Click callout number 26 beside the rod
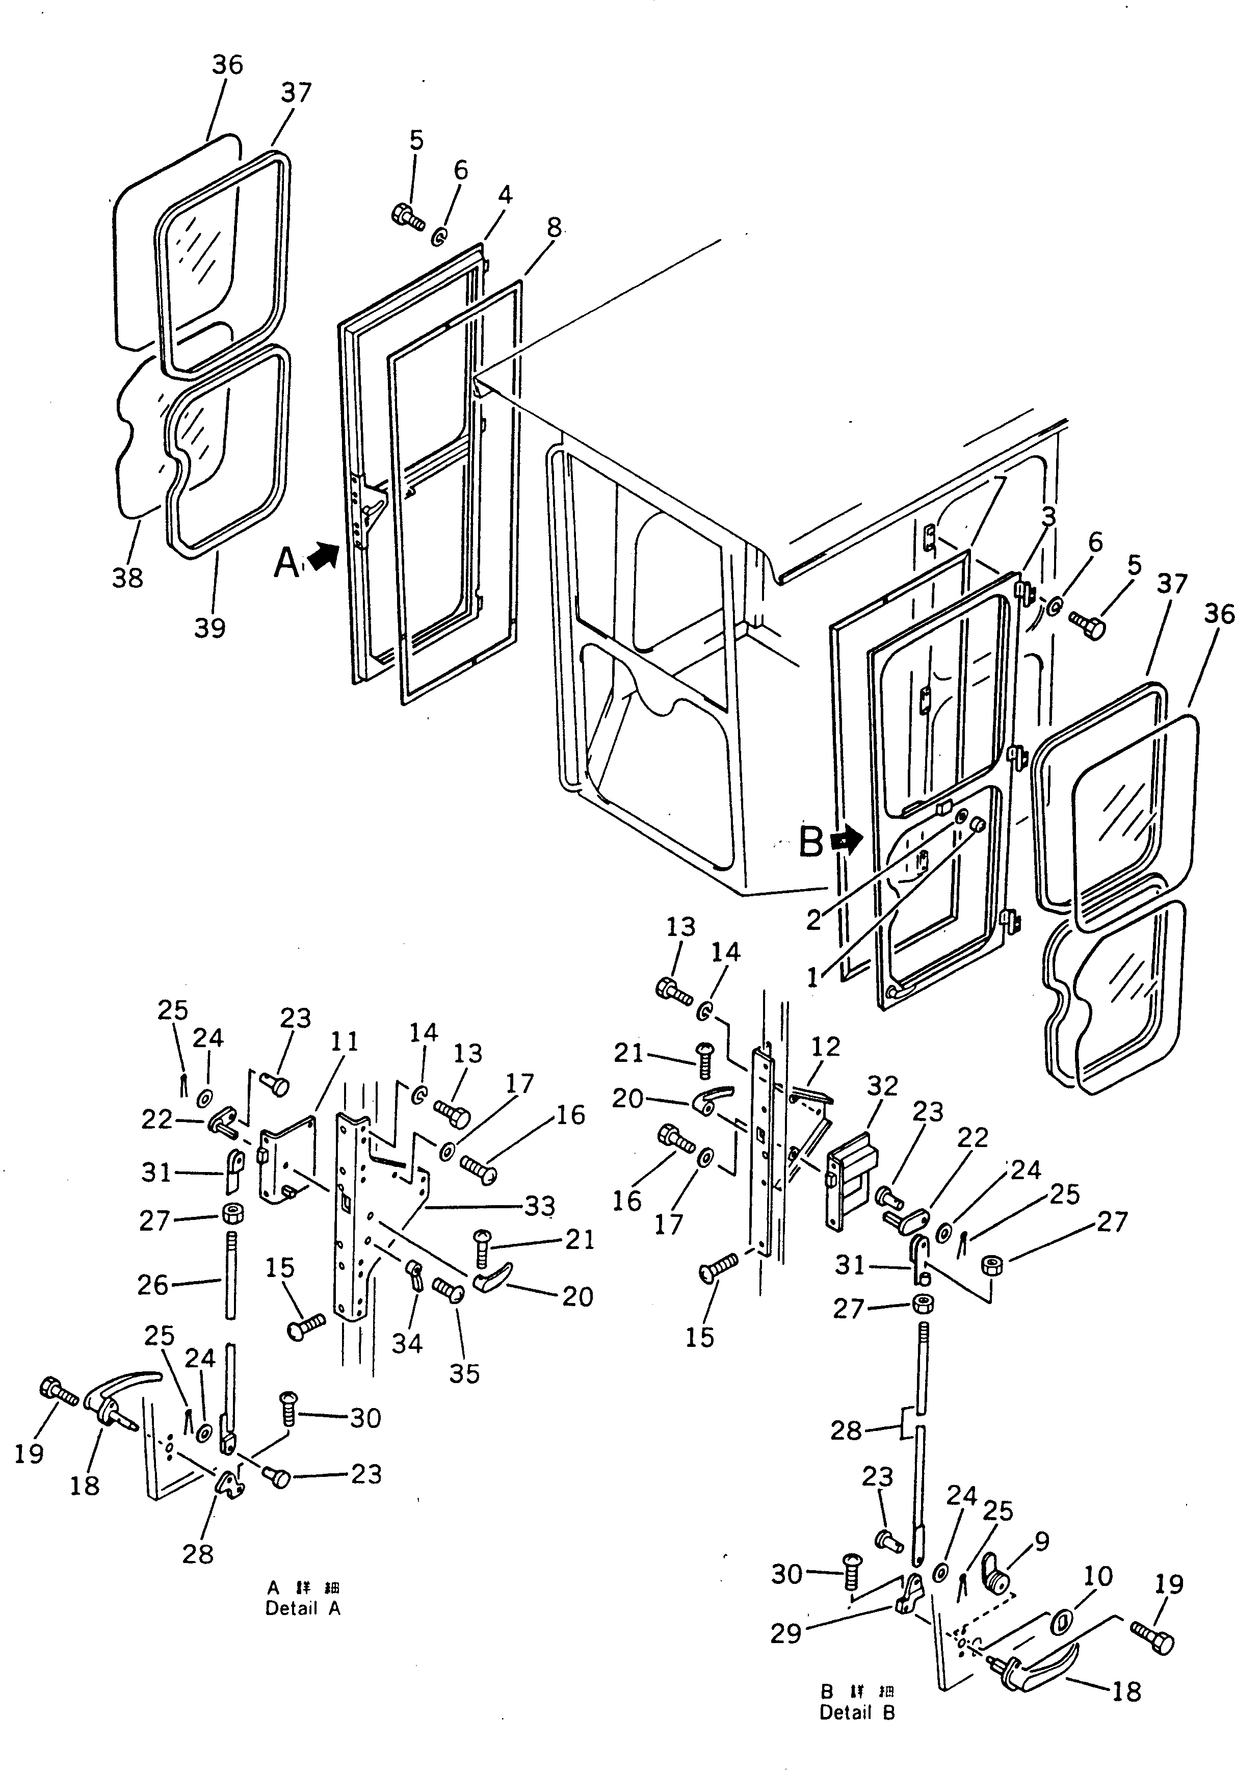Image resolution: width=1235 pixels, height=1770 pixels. [x=152, y=1284]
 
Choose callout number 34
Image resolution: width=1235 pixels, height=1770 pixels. [x=407, y=1344]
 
